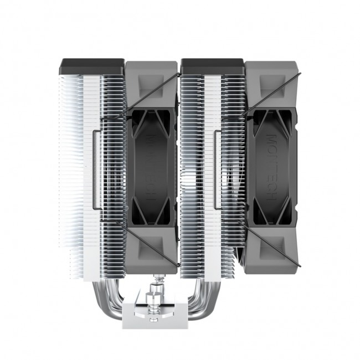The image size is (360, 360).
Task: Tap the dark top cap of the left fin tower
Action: click(x=91, y=67)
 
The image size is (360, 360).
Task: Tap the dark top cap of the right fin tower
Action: click(x=212, y=67)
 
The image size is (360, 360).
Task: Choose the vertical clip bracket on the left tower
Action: click(x=96, y=169)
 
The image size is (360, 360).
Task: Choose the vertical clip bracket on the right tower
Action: click(x=217, y=169)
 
